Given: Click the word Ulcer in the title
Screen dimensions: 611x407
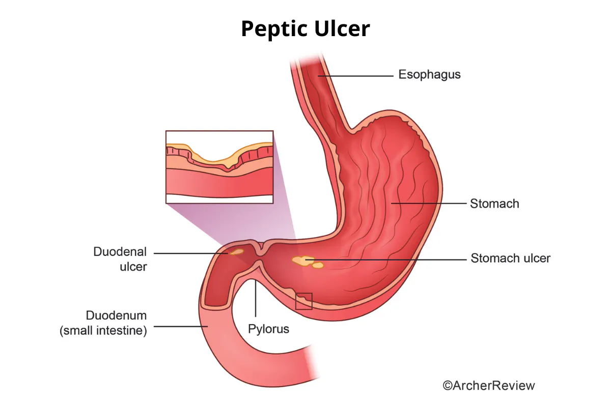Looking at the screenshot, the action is (342, 28).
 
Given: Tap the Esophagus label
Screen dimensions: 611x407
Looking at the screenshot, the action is (429, 75).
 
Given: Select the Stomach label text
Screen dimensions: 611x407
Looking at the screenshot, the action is (494, 203).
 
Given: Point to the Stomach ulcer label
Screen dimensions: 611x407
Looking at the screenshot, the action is (510, 258).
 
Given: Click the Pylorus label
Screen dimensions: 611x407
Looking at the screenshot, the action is (268, 329).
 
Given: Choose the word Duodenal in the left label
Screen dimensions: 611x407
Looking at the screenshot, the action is (120, 252).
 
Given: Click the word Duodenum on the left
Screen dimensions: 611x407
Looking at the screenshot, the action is (117, 315).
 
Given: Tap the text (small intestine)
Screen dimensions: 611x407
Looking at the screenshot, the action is (103, 331).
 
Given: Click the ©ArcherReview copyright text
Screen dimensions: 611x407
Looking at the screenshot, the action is (489, 386).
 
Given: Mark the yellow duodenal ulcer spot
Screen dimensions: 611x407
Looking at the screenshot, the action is (236, 252).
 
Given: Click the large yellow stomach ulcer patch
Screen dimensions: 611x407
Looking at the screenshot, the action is (303, 260).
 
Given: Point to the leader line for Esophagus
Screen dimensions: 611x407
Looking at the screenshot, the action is (355, 76).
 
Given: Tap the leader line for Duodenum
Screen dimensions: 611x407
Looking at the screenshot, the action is (181, 326).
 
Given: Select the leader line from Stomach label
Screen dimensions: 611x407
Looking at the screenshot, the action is (429, 203).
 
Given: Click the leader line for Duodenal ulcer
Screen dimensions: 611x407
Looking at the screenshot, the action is (190, 253).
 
